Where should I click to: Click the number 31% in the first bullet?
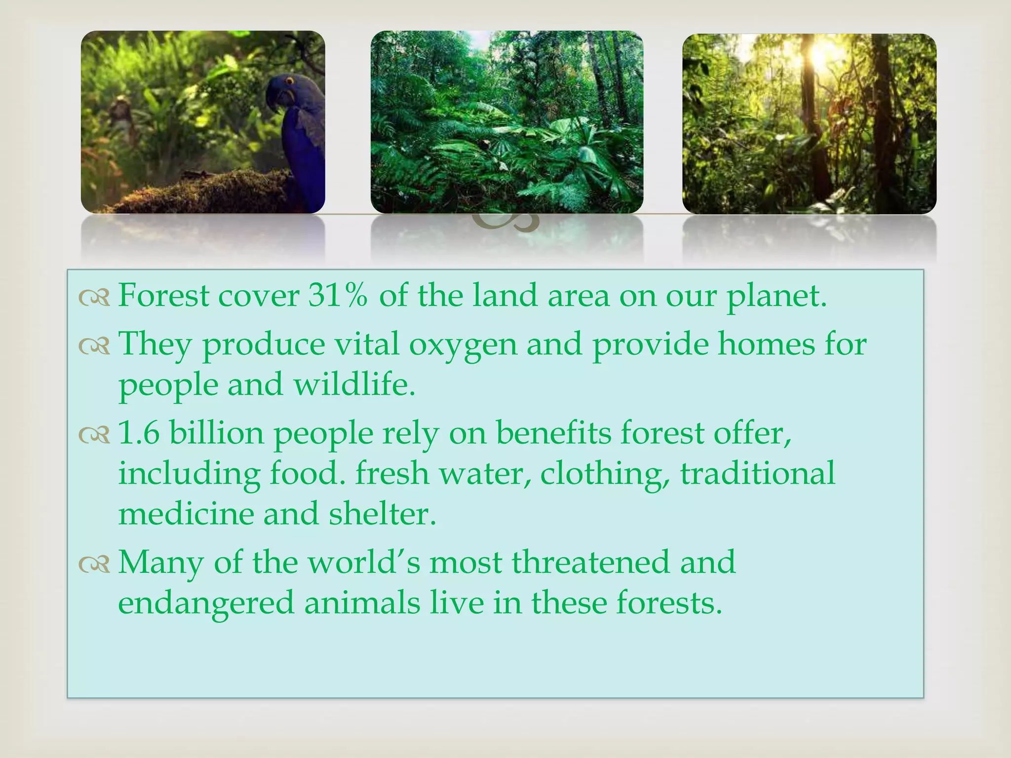(x=338, y=296)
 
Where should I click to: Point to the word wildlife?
(x=354, y=385)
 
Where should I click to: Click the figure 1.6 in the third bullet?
(x=139, y=433)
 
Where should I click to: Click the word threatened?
(x=590, y=563)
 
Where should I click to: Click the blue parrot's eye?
(x=289, y=80)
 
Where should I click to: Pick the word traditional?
(x=757, y=473)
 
